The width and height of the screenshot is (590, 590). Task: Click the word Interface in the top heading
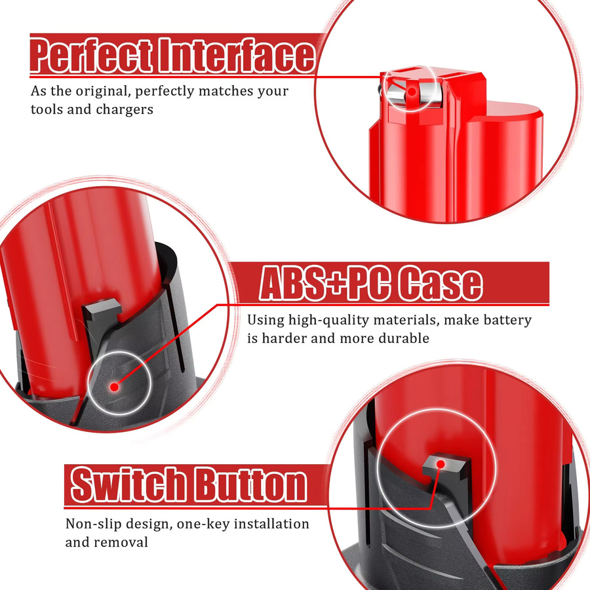point(237,55)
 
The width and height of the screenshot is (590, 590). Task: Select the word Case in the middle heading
point(440,283)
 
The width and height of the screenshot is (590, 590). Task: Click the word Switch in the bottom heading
point(128,484)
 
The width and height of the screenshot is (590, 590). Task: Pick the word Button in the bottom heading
point(250,484)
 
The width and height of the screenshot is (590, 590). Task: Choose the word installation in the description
point(271,524)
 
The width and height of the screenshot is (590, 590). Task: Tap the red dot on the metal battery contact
point(412,91)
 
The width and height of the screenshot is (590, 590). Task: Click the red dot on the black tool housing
point(114,387)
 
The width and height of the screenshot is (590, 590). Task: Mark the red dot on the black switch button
point(441,464)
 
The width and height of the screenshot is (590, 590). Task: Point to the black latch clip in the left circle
point(100,316)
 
